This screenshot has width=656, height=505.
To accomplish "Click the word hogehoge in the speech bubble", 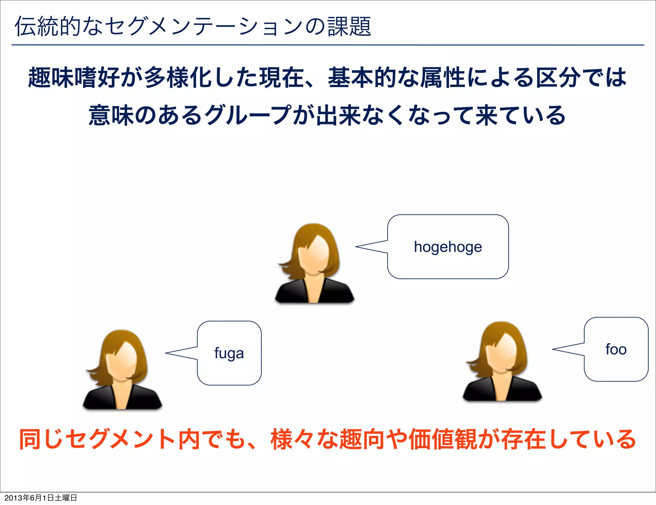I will [448, 247].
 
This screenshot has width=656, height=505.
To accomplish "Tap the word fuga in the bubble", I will [229, 353].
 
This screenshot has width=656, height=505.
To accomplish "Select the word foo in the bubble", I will [616, 349].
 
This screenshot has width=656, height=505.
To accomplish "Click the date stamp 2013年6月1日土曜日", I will [41, 498].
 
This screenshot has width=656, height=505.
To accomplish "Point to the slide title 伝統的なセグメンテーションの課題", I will [193, 26].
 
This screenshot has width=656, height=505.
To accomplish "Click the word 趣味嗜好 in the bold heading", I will [75, 78].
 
